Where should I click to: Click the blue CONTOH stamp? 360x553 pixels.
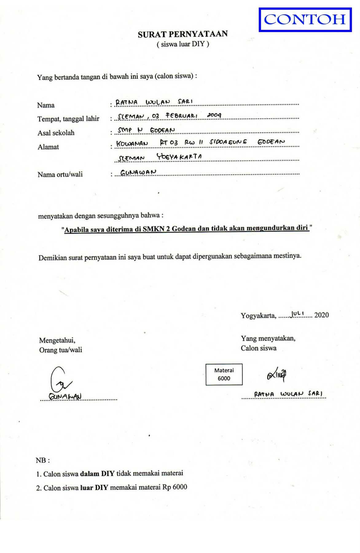(x=305, y=20)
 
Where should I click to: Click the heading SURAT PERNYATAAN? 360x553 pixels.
(x=183, y=34)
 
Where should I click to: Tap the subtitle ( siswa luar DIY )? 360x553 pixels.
(x=183, y=44)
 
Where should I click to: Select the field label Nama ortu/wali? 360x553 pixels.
(x=60, y=175)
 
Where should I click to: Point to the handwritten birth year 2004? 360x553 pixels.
(x=214, y=115)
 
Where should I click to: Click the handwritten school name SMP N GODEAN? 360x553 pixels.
(x=147, y=130)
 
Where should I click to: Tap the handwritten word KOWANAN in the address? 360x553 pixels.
(x=132, y=143)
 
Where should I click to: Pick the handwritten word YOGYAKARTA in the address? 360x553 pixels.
(x=179, y=157)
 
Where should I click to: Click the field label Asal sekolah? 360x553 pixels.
(x=56, y=133)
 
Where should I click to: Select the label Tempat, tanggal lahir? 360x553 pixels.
(x=68, y=119)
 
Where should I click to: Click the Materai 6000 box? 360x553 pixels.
(x=224, y=374)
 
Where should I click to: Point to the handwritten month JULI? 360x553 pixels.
(x=297, y=314)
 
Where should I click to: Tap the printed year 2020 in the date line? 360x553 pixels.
(x=321, y=315)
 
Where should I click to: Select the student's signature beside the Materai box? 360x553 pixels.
(x=277, y=374)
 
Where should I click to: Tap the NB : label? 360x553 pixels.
(x=43, y=460)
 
